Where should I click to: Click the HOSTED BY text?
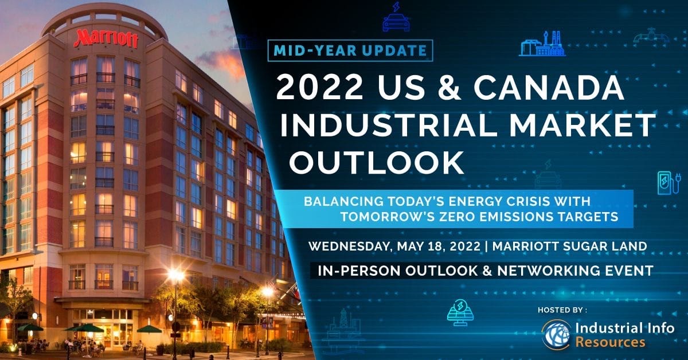(x=562, y=310)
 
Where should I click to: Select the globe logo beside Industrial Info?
(x=557, y=335)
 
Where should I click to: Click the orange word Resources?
(x=609, y=343)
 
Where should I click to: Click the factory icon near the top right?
(x=541, y=46)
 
